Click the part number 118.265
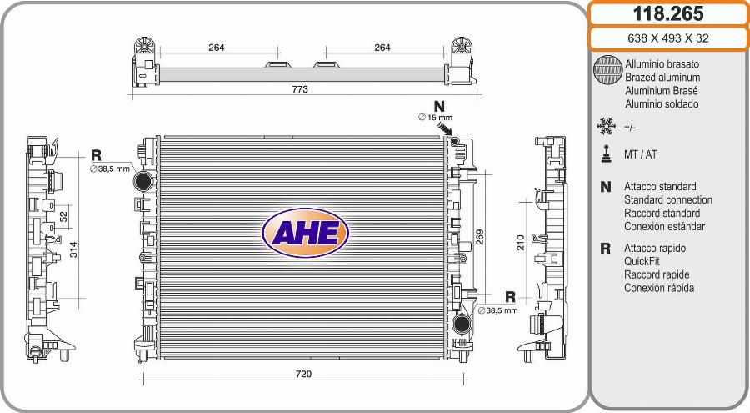click(668, 13)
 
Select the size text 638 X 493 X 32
click(668, 38)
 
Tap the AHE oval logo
click(305, 233)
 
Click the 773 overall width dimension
click(300, 89)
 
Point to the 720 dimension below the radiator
click(303, 374)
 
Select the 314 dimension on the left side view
click(73, 249)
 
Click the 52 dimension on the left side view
click(63, 217)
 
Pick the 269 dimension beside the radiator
click(480, 237)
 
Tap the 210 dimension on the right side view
click(520, 243)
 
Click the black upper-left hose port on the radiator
click(143, 180)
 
